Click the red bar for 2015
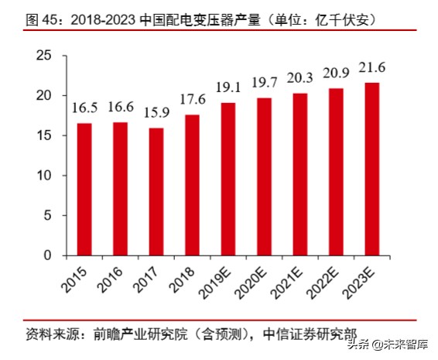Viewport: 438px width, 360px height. (x=84, y=189)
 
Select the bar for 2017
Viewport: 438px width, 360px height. (x=156, y=191)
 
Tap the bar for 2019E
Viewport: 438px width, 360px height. (x=228, y=179)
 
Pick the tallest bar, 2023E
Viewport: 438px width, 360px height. (x=373, y=169)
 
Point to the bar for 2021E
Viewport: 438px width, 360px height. (x=300, y=174)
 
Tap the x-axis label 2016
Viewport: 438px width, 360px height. (x=113, y=278)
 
